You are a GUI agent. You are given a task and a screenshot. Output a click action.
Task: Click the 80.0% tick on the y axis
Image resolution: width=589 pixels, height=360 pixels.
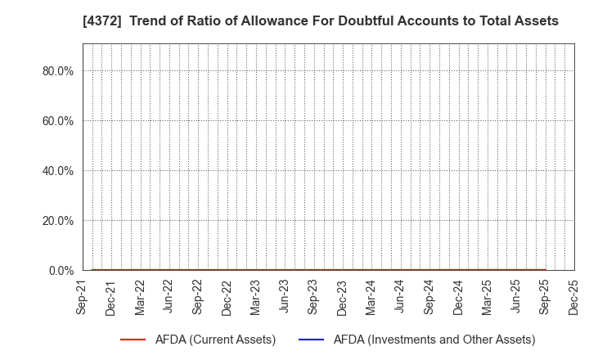point(58,71)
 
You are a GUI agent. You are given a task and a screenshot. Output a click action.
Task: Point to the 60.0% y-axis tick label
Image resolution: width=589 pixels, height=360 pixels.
point(58,121)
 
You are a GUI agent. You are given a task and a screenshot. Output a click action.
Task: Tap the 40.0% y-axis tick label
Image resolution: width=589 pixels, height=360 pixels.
point(58,171)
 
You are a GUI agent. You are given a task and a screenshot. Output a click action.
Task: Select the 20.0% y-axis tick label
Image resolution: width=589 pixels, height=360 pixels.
point(58,221)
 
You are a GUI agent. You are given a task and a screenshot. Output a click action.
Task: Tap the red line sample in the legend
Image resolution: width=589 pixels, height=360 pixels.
point(139,340)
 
